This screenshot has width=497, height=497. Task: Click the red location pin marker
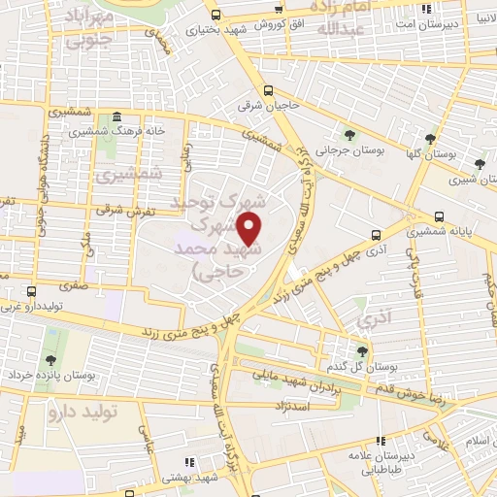pos(250,229)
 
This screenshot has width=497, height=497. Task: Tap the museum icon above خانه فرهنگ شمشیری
pos(116,116)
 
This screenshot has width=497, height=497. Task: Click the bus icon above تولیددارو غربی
pos(32,290)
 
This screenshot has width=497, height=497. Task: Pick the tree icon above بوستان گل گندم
pos(361,351)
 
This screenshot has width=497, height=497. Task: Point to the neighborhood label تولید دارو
pos(82,412)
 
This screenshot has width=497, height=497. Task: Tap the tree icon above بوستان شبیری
pos(480,163)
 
